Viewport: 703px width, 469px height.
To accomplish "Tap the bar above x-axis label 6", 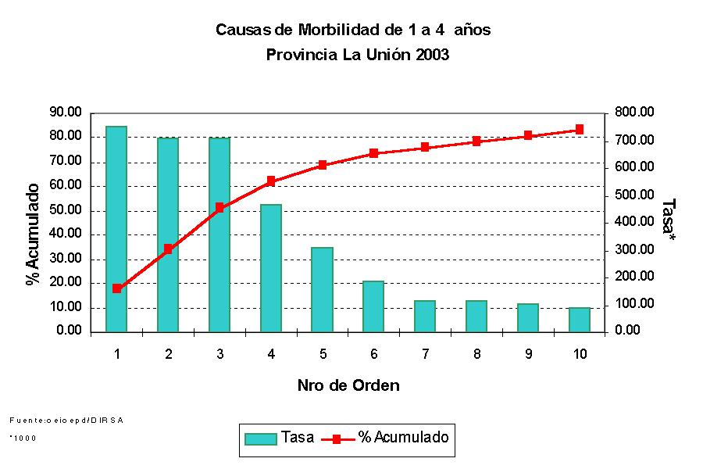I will point(374,306).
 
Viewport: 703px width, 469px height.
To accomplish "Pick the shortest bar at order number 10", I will point(580,320).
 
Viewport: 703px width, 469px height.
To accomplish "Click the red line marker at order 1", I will point(116,288).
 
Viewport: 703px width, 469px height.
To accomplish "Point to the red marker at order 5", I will point(323,165).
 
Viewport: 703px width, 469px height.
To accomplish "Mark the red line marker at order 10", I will point(580,130).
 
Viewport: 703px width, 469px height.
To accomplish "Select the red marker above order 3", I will point(219,208).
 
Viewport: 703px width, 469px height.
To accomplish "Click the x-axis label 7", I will point(426,354).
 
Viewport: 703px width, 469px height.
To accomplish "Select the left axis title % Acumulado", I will point(33,234).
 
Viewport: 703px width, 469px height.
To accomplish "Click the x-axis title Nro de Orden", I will point(348,385).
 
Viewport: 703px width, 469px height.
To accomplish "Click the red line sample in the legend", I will point(336,439).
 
